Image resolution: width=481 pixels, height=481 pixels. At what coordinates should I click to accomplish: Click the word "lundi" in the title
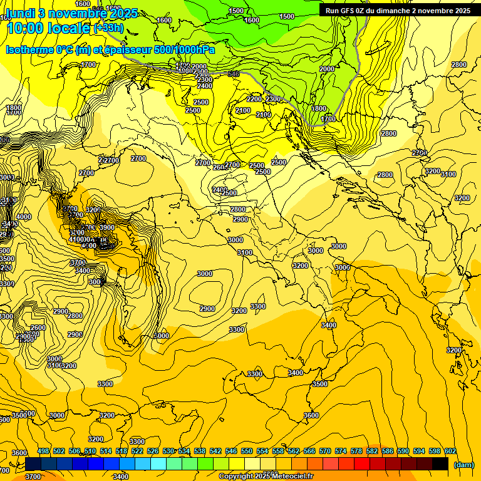coord(19,13)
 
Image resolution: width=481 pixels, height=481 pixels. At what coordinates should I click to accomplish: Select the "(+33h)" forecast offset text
coord(108,28)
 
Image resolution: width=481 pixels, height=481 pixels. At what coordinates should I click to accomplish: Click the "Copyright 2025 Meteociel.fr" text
coord(266,477)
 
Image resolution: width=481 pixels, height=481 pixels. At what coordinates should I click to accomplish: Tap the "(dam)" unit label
coord(463,465)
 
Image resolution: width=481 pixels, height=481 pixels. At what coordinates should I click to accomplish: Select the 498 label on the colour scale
coord(43,451)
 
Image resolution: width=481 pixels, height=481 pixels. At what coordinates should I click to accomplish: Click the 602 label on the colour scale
coord(450,451)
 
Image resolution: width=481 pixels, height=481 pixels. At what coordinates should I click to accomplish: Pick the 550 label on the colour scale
coord(247,451)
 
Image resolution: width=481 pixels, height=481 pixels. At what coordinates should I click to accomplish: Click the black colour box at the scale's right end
coord(440,464)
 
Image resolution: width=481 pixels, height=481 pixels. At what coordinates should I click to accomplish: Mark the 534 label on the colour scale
coord(184,451)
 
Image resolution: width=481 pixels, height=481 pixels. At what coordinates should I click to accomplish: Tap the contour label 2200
coord(254,99)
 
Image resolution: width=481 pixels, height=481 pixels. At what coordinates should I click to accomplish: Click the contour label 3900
coord(106,227)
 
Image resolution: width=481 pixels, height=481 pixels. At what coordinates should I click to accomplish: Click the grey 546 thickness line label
coord(233,75)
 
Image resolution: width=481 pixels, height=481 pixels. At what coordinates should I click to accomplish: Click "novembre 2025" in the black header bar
coord(441,11)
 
